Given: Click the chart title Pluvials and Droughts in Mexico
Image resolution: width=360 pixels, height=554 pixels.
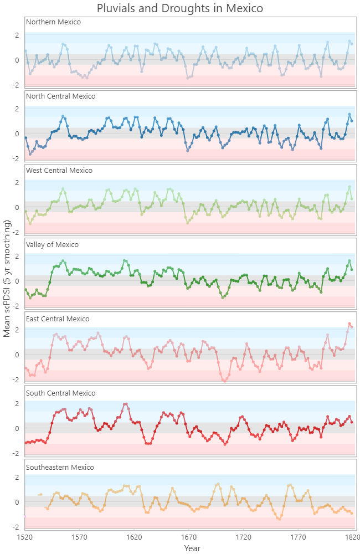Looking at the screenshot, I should pos(179,8).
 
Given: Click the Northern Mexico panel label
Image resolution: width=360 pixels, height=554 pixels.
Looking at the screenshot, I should pos(53,22).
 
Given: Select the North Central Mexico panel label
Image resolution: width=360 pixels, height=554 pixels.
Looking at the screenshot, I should pos(60,96).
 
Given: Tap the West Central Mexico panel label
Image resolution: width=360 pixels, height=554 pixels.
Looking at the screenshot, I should pos(60,171).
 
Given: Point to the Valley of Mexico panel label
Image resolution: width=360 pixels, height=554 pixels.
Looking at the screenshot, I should pos(52,245).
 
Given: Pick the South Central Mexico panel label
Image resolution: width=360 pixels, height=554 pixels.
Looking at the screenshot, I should pos(60,393).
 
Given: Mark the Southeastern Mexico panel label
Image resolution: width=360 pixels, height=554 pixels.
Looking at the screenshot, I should pos(59,468).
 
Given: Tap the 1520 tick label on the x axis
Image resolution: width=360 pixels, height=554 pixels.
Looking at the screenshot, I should pos(25,537).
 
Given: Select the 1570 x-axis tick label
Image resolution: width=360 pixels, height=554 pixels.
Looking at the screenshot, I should pos(80,537).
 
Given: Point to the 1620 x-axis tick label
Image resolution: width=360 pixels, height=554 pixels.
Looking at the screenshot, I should pos(135,537).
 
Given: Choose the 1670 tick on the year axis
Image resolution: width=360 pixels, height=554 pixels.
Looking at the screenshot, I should pos(189,537).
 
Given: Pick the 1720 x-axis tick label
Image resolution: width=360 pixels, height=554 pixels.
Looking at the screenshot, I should pos(244,537).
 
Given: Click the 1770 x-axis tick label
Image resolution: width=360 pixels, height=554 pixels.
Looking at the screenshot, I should pos(299,537).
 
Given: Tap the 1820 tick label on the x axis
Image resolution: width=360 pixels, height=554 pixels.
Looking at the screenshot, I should pos(350,537).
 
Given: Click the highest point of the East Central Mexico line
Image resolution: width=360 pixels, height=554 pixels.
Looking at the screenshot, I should pos(349,324).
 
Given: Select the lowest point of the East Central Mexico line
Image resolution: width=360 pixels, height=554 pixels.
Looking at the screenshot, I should pos(224,381).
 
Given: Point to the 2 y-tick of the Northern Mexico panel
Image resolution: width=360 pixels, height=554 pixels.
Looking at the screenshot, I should pos(17,35).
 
